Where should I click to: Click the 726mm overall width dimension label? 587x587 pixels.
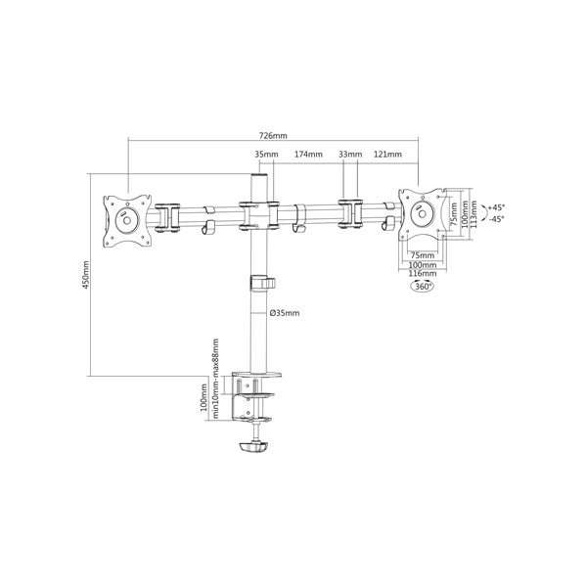click(273, 136)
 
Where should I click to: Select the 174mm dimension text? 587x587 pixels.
click(308, 155)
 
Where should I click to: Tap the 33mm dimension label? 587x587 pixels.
click(350, 155)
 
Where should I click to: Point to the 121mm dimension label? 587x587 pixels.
click(387, 155)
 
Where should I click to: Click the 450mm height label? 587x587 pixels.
click(86, 274)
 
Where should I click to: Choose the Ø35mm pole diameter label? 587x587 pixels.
click(285, 313)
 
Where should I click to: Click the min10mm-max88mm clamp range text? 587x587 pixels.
click(215, 378)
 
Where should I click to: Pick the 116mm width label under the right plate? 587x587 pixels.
click(423, 273)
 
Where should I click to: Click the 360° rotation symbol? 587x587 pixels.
click(423, 287)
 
